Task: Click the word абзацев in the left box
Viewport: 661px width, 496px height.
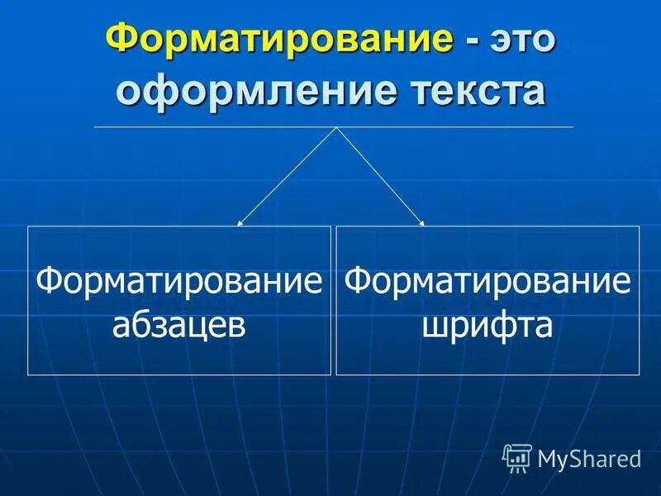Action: [178, 324]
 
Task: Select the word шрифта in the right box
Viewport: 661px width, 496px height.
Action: [487, 324]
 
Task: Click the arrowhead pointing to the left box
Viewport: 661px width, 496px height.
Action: [240, 223]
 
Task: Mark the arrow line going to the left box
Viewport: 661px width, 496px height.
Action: [288, 175]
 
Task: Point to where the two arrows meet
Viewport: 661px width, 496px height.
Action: [335, 127]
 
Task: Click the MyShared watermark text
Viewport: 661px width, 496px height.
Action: [588, 457]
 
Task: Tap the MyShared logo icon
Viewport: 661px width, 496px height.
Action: [517, 455]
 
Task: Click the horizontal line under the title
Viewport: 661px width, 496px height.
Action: [207, 126]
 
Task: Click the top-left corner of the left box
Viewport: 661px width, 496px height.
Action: [28, 227]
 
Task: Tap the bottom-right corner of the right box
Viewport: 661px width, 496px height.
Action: [640, 375]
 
